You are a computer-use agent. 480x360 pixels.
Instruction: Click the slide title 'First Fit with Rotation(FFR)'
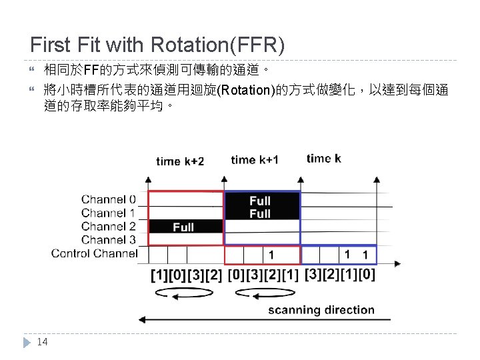click(x=157, y=45)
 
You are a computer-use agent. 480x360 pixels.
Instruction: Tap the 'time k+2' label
click(x=180, y=161)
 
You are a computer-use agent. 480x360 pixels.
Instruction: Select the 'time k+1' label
click(x=255, y=160)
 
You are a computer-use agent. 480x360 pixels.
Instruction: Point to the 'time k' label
click(x=323, y=159)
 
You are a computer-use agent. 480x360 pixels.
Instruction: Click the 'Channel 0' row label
click(x=109, y=199)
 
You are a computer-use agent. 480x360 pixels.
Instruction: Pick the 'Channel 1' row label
click(x=109, y=213)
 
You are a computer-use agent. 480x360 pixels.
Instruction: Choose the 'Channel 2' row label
click(x=109, y=226)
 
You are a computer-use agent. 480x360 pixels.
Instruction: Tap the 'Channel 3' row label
click(x=109, y=239)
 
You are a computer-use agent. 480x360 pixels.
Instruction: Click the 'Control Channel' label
click(x=94, y=253)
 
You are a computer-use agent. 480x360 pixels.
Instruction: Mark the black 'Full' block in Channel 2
click(x=185, y=227)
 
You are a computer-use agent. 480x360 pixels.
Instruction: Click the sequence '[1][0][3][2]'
click(x=186, y=275)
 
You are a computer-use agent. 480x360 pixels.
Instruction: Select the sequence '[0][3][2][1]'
click(x=263, y=275)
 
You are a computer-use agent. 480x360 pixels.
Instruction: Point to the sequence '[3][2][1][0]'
click(x=339, y=274)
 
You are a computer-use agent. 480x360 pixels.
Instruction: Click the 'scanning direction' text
click(x=321, y=310)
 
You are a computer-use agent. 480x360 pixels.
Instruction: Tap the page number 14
click(x=42, y=342)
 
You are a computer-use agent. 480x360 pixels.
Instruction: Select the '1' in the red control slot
click(x=271, y=255)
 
